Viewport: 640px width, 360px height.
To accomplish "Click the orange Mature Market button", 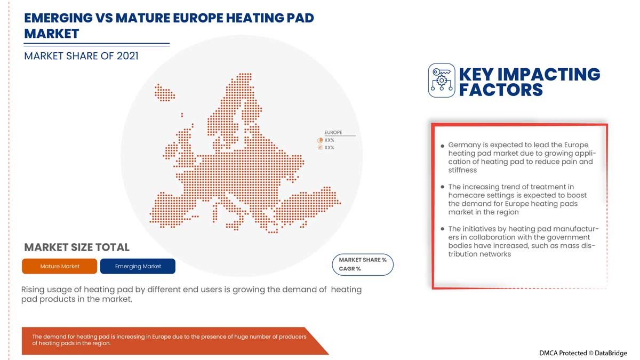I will (60, 266).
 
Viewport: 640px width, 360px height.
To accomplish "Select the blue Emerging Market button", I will (138, 266).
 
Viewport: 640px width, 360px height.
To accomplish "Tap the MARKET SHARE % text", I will (363, 260).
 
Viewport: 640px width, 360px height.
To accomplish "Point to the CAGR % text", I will (350, 269).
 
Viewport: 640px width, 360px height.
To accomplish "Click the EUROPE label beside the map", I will (333, 132).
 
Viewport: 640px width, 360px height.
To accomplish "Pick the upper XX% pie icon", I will (320, 140).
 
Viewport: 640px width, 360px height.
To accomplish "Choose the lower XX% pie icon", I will (320, 148).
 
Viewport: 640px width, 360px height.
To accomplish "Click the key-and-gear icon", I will (442, 81).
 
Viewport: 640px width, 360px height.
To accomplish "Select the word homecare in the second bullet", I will (470, 195).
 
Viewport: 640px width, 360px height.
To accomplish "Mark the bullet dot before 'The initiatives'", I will (443, 229).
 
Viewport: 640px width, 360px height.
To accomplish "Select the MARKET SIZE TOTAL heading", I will (77, 247).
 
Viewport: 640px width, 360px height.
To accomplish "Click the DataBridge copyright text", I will (583, 353).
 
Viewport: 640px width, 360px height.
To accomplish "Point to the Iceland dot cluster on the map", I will (164, 92).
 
